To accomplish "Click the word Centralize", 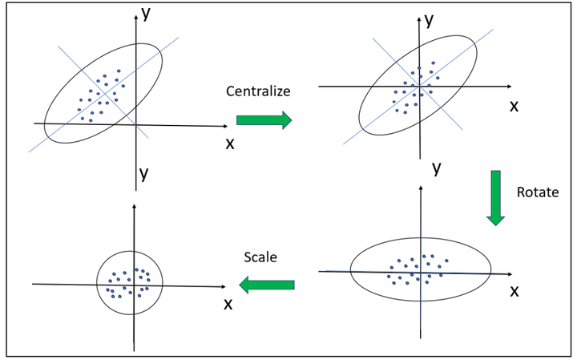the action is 258,91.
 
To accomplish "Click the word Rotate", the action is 538,192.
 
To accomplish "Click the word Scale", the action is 260,257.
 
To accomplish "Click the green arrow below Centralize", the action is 264,120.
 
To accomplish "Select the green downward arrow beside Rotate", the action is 496,198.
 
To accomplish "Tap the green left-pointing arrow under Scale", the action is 267,285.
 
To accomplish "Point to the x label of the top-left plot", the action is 230,144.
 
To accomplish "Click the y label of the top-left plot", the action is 146,14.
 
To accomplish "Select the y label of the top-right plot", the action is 429,21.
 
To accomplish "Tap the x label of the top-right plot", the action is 514,107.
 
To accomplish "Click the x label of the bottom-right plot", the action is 514,292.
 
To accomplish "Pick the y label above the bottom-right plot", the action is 437,168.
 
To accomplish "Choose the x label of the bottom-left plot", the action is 228,305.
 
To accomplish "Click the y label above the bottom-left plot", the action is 144,173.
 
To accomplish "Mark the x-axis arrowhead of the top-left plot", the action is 225,126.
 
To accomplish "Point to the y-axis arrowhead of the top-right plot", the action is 419,19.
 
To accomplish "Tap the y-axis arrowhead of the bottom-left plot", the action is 134,206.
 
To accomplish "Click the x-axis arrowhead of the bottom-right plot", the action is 510,274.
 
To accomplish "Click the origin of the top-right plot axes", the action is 419,87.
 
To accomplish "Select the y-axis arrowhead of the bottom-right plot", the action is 421,188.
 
